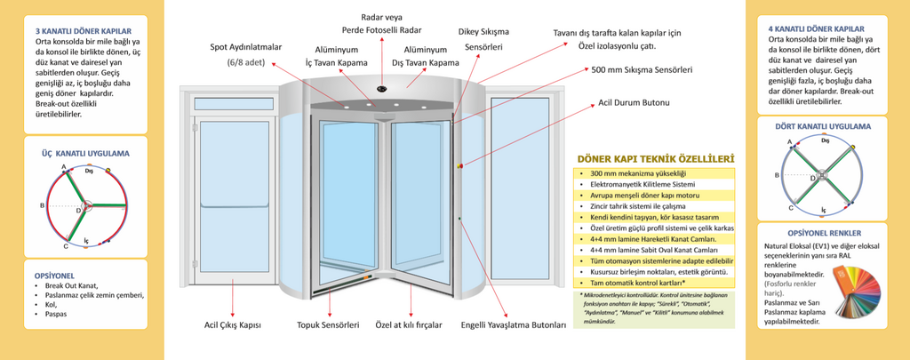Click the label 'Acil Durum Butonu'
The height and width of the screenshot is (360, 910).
point(634,103)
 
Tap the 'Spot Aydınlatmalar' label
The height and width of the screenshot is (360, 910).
point(245,46)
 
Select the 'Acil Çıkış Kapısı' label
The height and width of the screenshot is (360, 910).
point(233,325)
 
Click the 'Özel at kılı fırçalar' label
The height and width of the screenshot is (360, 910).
point(408,325)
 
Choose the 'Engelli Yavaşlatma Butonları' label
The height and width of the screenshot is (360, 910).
point(513,325)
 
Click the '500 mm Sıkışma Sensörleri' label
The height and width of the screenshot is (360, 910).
point(642,68)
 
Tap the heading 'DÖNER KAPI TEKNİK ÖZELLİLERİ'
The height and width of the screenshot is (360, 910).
point(655,158)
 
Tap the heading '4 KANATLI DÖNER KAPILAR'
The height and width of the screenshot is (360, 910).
point(816,28)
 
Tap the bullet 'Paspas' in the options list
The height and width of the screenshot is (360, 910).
point(57,315)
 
